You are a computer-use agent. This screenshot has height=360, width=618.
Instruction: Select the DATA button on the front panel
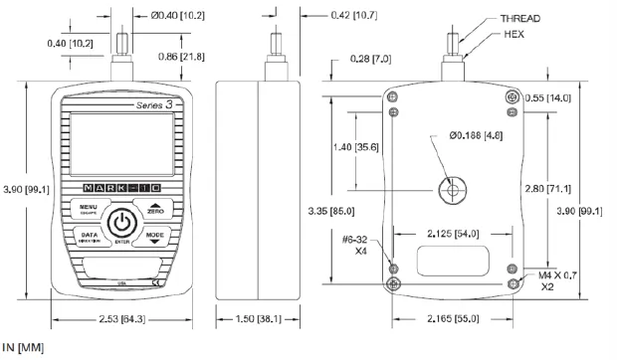88,238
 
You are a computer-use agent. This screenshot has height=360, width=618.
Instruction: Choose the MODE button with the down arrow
154,238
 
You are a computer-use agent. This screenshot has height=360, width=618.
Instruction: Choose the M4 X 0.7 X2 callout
555,280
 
